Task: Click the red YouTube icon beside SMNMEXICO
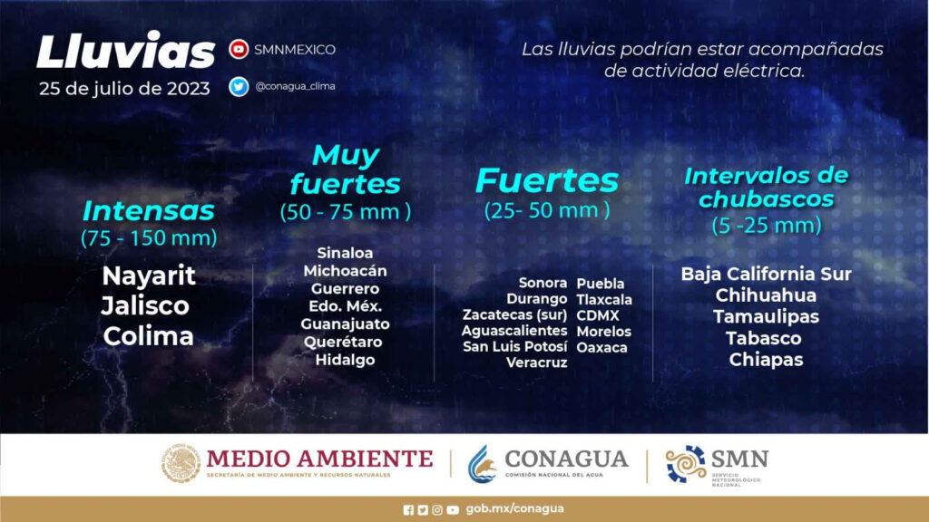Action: pyautogui.click(x=239, y=49)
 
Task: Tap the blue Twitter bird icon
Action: pyautogui.click(x=239, y=86)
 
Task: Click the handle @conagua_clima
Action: pyautogui.click(x=295, y=86)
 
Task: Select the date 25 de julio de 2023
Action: pyautogui.click(x=124, y=89)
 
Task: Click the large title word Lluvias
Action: pyautogui.click(x=125, y=51)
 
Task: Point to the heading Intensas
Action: pyautogui.click(x=149, y=210)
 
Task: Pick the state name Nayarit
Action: pyautogui.click(x=149, y=275)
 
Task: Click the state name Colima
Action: pyautogui.click(x=149, y=336)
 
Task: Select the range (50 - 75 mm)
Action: pyautogui.click(x=346, y=211)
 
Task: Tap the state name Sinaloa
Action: pyautogui.click(x=345, y=253)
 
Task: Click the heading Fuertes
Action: pyautogui.click(x=547, y=180)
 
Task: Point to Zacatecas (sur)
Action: pyautogui.click(x=515, y=314)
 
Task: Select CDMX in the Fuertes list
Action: pyautogui.click(x=598, y=315)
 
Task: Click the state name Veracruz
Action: pyautogui.click(x=537, y=362)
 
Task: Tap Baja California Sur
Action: pyautogui.click(x=766, y=274)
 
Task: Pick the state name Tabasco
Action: pyautogui.click(x=764, y=338)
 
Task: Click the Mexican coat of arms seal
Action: pyautogui.click(x=181, y=463)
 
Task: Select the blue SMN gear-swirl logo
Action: pyautogui.click(x=686, y=463)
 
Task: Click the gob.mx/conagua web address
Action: pyautogui.click(x=515, y=509)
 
